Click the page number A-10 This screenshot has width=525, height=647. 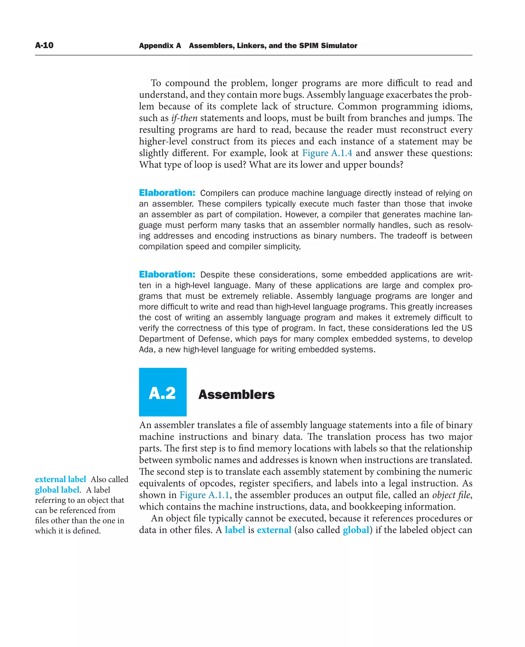click(x=44, y=45)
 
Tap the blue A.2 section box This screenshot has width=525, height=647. click(x=163, y=392)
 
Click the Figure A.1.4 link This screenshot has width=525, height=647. click(x=327, y=153)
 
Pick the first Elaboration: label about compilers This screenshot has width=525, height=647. click(x=167, y=193)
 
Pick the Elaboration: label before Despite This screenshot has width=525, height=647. click(x=167, y=274)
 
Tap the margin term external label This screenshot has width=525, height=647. click(x=60, y=479)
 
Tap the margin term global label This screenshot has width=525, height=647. click(x=57, y=489)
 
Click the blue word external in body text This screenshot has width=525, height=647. click(x=274, y=530)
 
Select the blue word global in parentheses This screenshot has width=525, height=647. click(x=356, y=530)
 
